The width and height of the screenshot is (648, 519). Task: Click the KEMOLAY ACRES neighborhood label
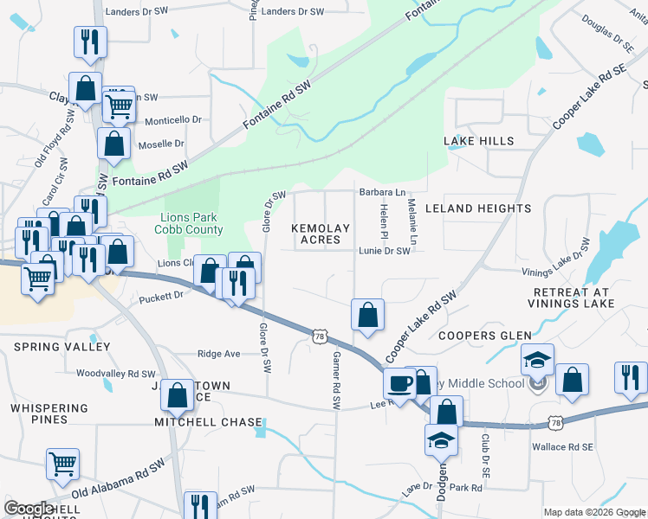(x=321, y=234)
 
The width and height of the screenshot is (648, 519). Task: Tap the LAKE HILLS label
(x=479, y=141)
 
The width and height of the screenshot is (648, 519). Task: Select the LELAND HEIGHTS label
(x=490, y=208)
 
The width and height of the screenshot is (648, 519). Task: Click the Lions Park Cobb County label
(x=189, y=223)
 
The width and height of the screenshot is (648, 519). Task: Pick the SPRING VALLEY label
(x=62, y=347)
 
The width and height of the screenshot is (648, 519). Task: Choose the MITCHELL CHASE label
(x=208, y=422)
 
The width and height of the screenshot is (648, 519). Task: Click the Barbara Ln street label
(x=382, y=192)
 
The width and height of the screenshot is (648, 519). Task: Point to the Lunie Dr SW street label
(x=384, y=251)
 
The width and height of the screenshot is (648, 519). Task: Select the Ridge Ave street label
(x=218, y=354)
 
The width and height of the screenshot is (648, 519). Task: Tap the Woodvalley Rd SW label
(x=115, y=374)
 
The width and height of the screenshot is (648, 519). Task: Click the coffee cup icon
(x=399, y=382)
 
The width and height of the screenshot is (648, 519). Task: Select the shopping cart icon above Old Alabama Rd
(x=62, y=465)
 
